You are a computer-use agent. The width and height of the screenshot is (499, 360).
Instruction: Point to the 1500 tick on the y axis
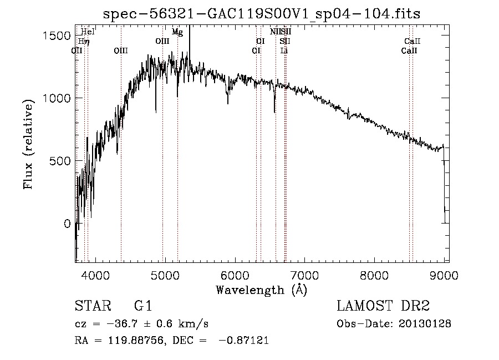tap(55, 36)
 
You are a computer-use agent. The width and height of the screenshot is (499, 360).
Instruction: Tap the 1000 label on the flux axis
tap(55, 99)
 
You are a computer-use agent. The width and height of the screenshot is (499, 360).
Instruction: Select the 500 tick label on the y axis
tap(59, 161)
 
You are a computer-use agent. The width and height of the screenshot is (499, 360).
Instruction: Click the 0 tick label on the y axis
tap(67, 224)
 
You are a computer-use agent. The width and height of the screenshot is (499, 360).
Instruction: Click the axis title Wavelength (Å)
tap(261, 290)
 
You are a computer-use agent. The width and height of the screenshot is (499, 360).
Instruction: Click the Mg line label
tap(177, 32)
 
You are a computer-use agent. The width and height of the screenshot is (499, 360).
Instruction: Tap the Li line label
tap(284, 50)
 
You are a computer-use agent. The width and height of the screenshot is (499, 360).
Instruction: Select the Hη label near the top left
tap(83, 41)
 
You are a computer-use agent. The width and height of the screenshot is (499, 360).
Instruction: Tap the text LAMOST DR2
tap(383, 306)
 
